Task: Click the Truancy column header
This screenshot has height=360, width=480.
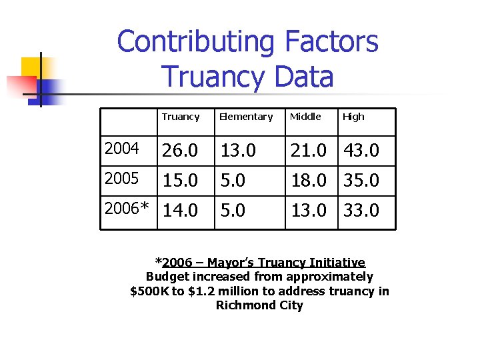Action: pos(180,117)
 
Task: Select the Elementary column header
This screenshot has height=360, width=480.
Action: pos(246,117)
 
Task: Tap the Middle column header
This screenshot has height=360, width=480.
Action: pos(305,117)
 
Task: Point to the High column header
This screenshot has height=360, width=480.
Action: pos(353,117)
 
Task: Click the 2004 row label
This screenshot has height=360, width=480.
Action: pos(122,149)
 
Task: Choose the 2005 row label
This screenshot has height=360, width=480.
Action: pos(122,179)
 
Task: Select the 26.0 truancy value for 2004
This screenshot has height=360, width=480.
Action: pos(180,151)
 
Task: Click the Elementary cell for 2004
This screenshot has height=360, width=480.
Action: pos(238,151)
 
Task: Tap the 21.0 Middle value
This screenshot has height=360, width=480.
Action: pos(308,151)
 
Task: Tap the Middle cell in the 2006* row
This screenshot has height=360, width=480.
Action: pos(308,211)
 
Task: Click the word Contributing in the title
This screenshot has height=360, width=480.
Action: pos(195,43)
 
